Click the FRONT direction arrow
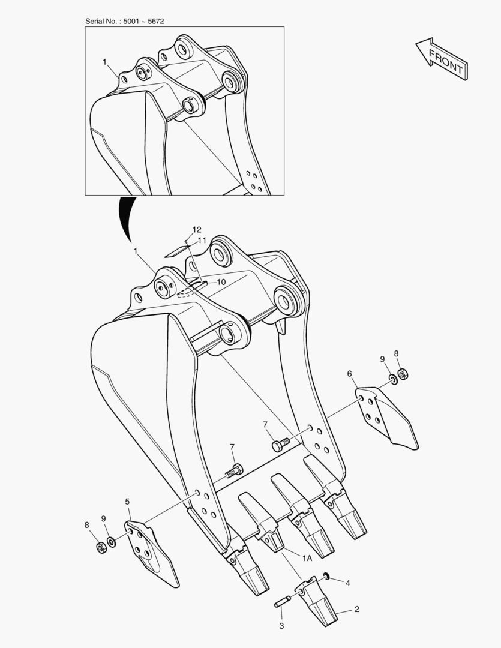click(442, 59)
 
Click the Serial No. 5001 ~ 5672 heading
click(124, 21)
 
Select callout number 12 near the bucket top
click(197, 230)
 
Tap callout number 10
click(221, 282)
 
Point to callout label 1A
click(307, 559)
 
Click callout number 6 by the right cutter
click(350, 374)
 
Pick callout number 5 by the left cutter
click(127, 502)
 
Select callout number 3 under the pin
click(281, 626)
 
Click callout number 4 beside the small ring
click(347, 583)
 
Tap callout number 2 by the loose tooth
click(357, 609)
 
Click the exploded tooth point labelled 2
click(317, 599)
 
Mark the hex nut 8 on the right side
click(403, 374)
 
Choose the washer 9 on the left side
click(112, 541)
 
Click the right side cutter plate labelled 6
click(386, 416)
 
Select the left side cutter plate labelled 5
click(151, 553)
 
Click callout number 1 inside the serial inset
click(104, 62)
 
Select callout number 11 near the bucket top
click(202, 240)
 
